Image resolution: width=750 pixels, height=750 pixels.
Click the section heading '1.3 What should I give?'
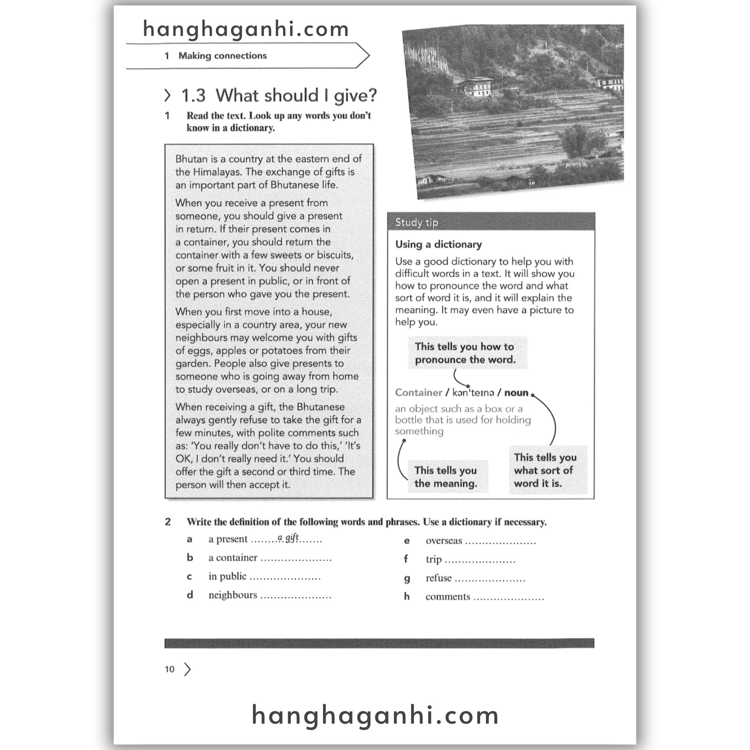click(x=279, y=96)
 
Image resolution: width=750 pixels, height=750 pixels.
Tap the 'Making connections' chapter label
click(x=222, y=56)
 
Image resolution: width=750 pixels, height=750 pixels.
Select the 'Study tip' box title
click(x=416, y=222)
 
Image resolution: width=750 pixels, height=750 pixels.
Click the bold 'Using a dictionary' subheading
click(x=438, y=245)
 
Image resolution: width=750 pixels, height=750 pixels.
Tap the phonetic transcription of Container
click(x=473, y=393)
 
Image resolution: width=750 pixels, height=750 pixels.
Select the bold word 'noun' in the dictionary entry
click(x=516, y=393)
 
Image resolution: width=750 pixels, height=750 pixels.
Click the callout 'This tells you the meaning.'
click(x=446, y=477)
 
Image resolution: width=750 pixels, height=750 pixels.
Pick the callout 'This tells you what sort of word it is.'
click(x=545, y=470)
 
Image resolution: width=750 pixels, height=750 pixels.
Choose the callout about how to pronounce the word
click(x=465, y=353)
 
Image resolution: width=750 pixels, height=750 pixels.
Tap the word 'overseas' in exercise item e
click(x=444, y=541)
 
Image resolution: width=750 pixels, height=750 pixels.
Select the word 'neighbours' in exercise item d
click(x=233, y=595)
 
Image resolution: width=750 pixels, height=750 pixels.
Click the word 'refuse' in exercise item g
click(x=438, y=578)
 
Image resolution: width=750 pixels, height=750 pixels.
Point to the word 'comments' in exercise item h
click(x=448, y=597)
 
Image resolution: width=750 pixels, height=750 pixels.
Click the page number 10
click(x=170, y=669)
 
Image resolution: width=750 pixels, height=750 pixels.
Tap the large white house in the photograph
click(x=477, y=86)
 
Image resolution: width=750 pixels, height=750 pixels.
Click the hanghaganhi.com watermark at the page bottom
click(x=375, y=716)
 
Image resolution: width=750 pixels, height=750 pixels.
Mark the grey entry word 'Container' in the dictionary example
click(x=419, y=393)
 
